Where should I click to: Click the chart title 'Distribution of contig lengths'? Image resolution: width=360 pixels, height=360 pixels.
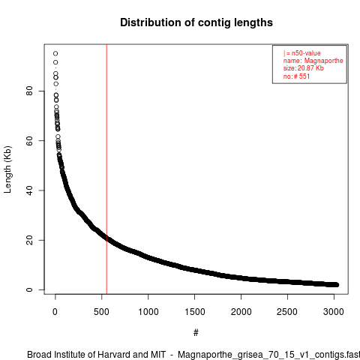pos(196,22)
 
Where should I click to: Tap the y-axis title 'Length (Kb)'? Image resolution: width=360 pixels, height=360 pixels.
pos(7,169)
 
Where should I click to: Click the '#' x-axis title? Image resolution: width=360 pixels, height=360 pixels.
pos(196,333)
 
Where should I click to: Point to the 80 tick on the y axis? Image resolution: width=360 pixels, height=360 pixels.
pos(29,91)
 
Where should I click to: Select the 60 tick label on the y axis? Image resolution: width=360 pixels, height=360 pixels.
pos(29,140)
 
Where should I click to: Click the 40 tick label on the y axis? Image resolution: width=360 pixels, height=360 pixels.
pos(29,190)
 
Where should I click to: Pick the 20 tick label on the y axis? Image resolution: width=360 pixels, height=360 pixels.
pos(29,240)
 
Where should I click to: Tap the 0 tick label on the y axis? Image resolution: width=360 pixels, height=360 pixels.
pos(29,289)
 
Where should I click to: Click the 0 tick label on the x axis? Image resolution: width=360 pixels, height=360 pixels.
pos(55,312)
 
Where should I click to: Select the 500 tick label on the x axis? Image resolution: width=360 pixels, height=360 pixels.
pos(101,312)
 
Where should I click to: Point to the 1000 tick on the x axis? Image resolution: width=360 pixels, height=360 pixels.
pos(148,312)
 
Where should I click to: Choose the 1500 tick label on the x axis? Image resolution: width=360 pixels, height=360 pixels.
pos(194,312)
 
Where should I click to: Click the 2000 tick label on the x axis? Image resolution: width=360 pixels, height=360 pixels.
pos(241,312)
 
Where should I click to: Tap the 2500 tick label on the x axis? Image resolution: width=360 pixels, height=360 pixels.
pos(287,312)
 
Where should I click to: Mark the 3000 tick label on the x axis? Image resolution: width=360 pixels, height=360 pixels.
pos(334,312)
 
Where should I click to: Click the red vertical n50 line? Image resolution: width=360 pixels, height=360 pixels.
pos(106,169)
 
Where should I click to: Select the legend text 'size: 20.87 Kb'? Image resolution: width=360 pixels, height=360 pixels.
pos(304,68)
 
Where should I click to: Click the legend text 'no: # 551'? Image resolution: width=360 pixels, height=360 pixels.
pos(296,76)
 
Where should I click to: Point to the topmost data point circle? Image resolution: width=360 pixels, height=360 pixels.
pos(55,53)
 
